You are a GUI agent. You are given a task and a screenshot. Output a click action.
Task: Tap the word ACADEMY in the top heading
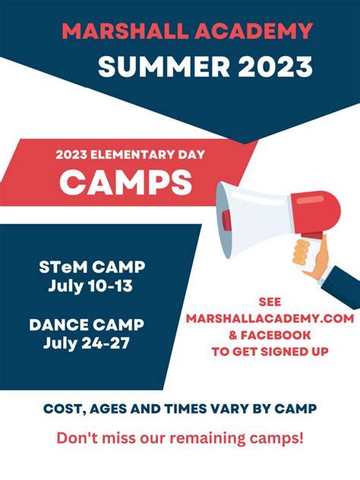(254, 31)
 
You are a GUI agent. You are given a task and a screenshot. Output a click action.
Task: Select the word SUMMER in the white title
(164, 66)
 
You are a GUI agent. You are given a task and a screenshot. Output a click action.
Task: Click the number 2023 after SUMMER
(275, 66)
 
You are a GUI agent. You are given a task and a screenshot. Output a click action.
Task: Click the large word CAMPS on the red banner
(126, 182)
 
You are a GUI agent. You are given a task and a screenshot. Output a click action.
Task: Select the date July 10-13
(90, 286)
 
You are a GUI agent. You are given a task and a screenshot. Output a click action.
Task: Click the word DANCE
(58, 325)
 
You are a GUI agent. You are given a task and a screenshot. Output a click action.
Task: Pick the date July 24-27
(87, 343)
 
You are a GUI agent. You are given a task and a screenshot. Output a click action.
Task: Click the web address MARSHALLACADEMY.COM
(270, 319)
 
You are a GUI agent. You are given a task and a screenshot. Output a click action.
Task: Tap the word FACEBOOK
(276, 335)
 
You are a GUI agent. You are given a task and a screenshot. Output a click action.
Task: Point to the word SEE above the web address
(270, 302)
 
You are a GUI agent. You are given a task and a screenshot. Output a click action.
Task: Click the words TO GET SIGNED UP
(270, 352)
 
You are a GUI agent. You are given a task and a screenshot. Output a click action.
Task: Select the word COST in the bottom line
(62, 409)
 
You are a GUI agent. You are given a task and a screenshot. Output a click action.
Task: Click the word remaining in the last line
(207, 438)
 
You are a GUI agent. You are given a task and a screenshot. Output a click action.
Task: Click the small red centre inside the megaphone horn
(226, 220)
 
